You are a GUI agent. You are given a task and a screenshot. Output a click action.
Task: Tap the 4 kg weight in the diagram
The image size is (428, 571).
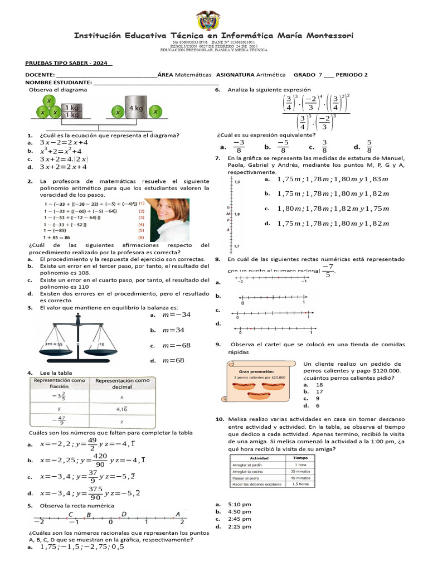click(136, 109)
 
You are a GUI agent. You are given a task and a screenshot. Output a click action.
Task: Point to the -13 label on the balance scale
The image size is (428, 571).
click(100, 344)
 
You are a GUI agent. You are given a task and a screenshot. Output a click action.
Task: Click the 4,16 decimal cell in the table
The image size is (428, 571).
click(123, 408)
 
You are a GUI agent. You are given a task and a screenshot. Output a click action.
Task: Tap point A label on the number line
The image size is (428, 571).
click(178, 514)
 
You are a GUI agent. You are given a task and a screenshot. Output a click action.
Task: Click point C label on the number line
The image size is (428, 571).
click(71, 514)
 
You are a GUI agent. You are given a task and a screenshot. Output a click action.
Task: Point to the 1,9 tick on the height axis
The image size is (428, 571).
click(237, 182)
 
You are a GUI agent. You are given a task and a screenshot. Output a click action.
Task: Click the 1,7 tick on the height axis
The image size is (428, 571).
click(237, 246)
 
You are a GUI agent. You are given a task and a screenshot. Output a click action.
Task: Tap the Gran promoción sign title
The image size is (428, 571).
click(256, 370)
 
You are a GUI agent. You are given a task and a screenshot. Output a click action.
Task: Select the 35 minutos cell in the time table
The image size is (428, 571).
click(300, 471)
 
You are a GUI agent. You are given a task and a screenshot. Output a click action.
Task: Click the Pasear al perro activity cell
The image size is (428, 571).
click(249, 478)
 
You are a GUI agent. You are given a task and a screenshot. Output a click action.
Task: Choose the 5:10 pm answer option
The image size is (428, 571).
click(240, 504)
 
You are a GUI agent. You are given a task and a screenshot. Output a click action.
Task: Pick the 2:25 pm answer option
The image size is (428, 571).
click(240, 526)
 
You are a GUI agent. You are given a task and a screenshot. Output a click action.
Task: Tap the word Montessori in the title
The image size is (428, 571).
click(326, 36)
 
